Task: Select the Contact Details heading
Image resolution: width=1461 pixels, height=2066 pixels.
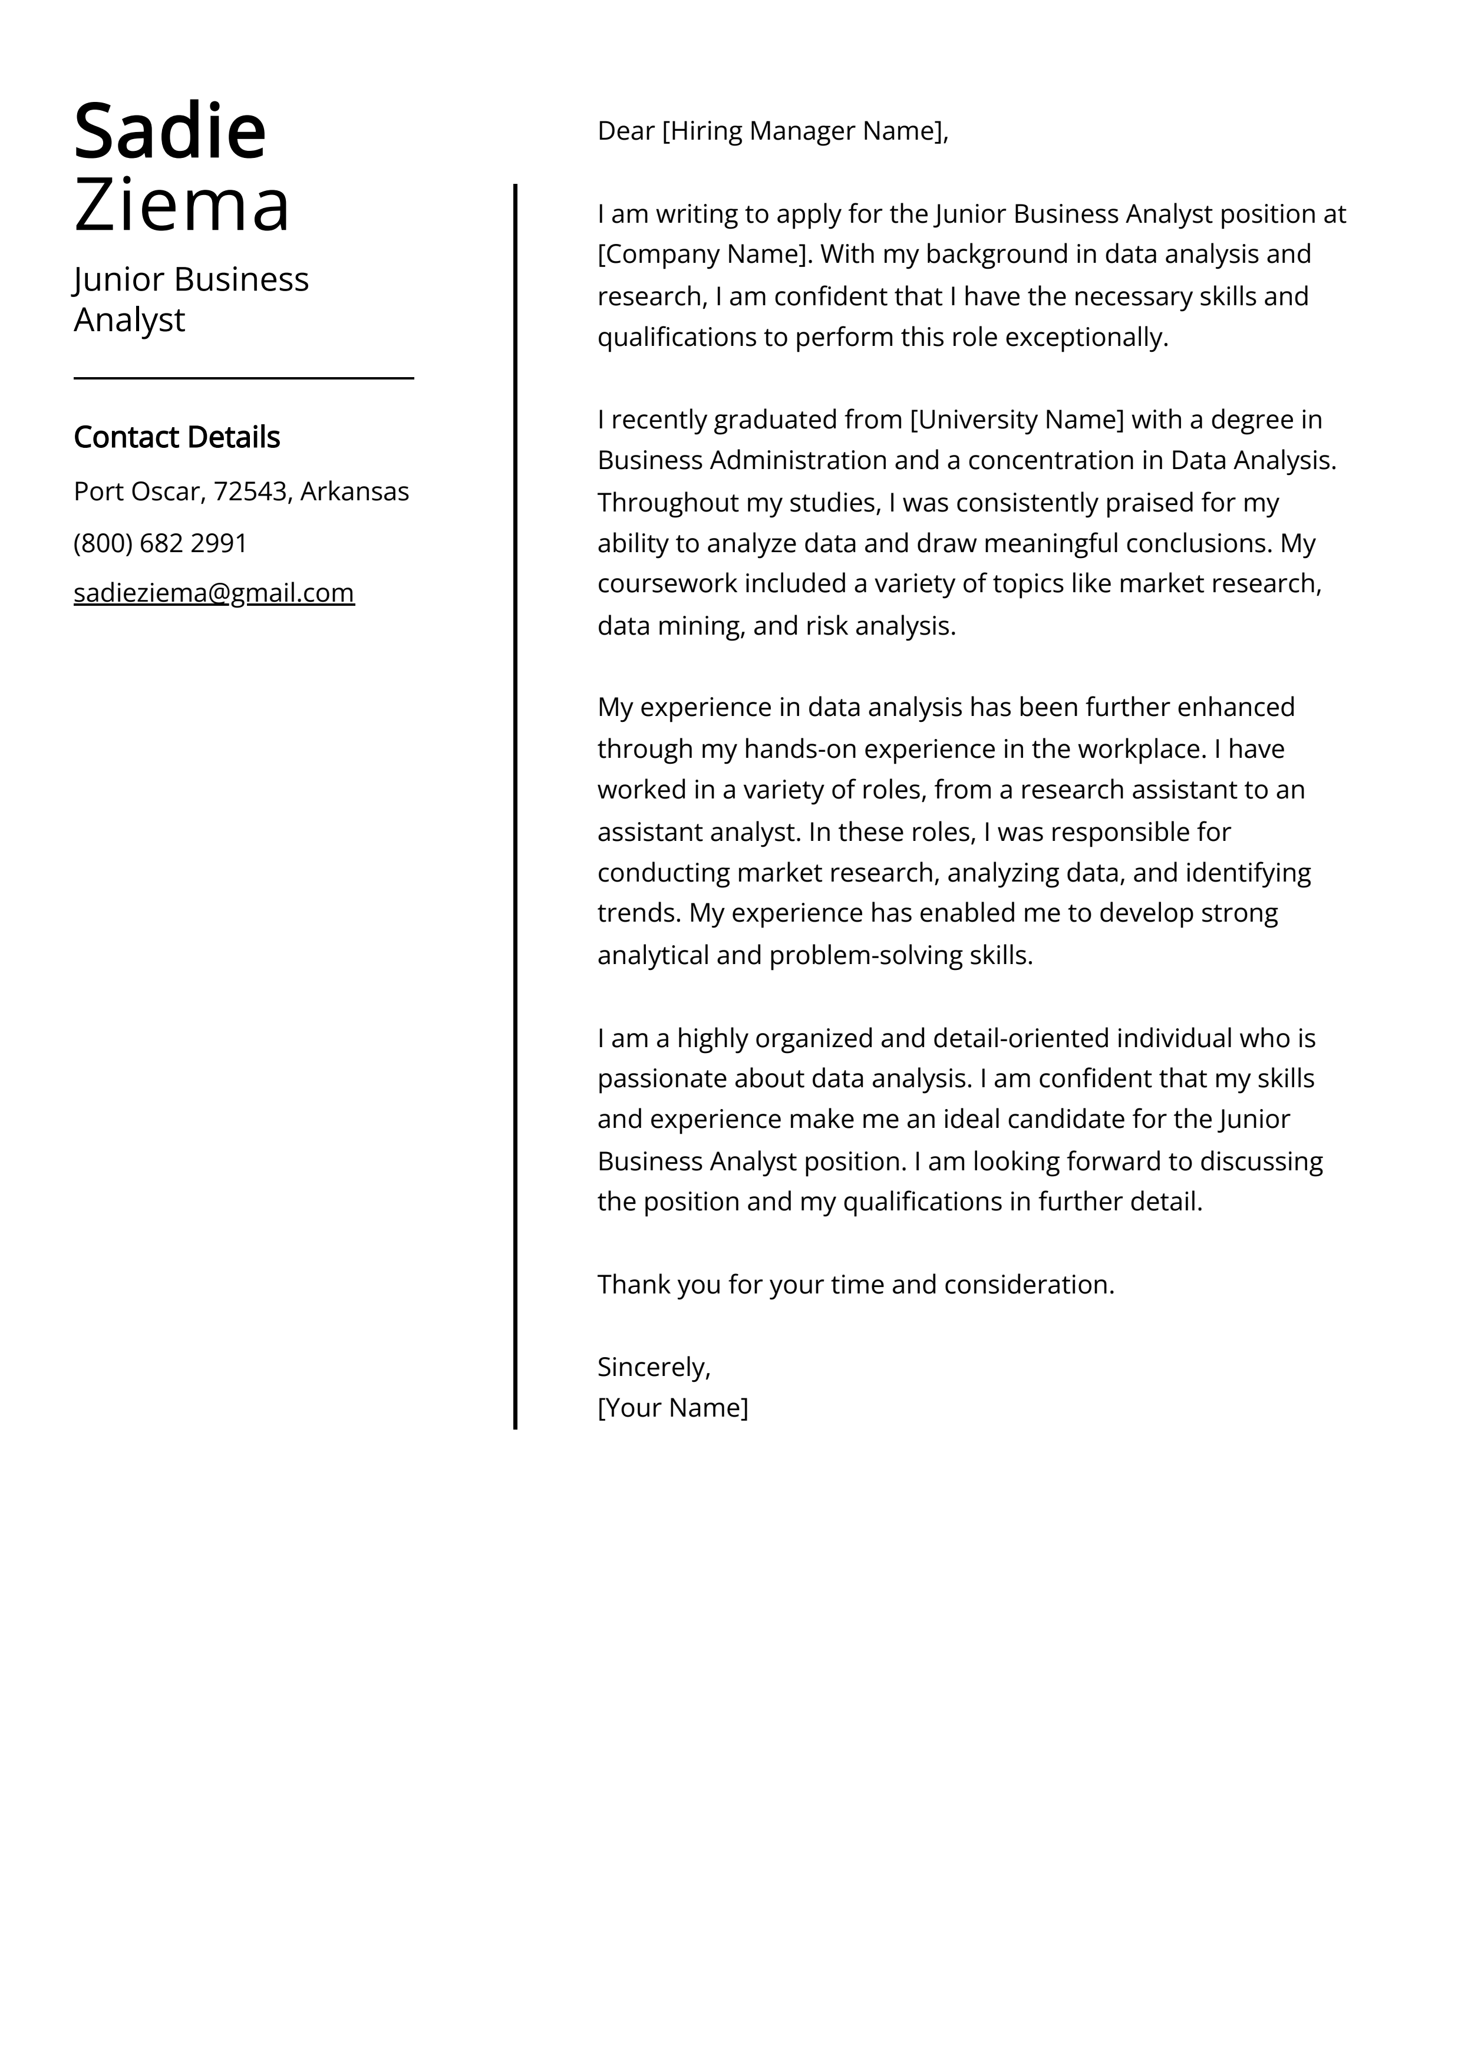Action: (176, 437)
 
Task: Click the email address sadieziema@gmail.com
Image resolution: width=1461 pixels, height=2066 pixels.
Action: (215, 593)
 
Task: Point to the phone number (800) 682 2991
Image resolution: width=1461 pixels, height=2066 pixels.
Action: (160, 543)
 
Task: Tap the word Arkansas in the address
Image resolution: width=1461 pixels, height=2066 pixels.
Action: (355, 492)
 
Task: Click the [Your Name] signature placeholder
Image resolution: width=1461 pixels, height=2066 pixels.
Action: (672, 1408)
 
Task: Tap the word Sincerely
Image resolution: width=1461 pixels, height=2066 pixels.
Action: (652, 1368)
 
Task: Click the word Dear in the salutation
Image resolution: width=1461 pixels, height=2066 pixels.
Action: (626, 131)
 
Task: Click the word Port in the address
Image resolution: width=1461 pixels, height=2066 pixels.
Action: (96, 492)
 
